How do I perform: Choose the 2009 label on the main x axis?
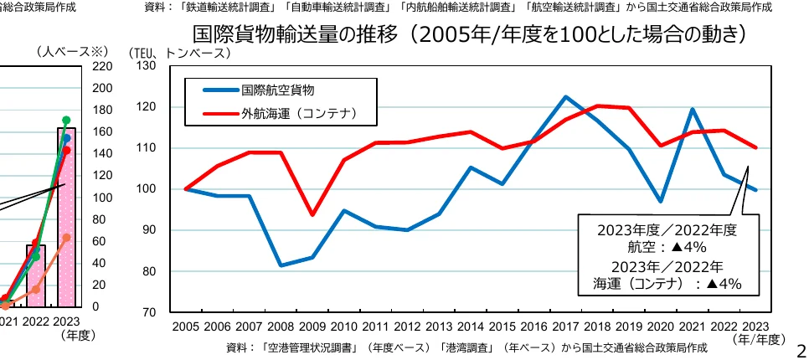pos(312,327)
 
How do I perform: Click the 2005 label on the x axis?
pos(185,327)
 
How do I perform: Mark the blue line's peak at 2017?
pos(565,96)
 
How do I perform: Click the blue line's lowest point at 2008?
pos(281,265)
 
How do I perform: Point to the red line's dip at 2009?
pos(312,215)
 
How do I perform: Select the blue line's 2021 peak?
pos(693,109)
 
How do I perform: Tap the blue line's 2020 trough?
pos(661,202)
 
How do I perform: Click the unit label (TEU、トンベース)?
pos(179,53)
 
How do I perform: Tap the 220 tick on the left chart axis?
pos(100,66)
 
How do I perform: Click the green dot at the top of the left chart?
pos(66,120)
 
